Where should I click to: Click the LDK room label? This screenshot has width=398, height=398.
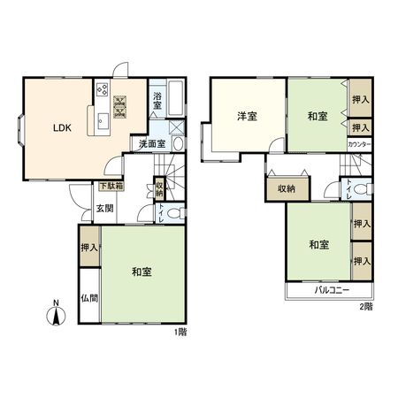pos(61,126)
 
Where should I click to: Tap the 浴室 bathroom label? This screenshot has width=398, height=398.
pos(157,102)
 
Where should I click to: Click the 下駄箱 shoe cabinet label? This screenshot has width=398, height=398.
pos(110,187)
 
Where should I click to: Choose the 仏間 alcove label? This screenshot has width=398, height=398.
pos(89,300)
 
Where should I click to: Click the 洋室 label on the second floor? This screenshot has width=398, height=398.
pos(246,116)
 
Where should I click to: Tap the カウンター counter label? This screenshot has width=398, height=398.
pos(359,143)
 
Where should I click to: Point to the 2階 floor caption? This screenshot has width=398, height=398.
pos(366,307)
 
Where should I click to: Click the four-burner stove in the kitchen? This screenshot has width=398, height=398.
pos(102,89)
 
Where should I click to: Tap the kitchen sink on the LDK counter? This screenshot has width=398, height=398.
pos(101,120)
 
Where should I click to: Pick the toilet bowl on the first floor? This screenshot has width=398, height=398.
pos(173,212)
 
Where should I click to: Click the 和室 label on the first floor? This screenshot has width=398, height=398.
pos(142,272)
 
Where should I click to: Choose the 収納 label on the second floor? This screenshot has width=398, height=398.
pos(286,188)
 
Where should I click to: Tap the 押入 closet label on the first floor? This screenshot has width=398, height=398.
pos(88,249)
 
